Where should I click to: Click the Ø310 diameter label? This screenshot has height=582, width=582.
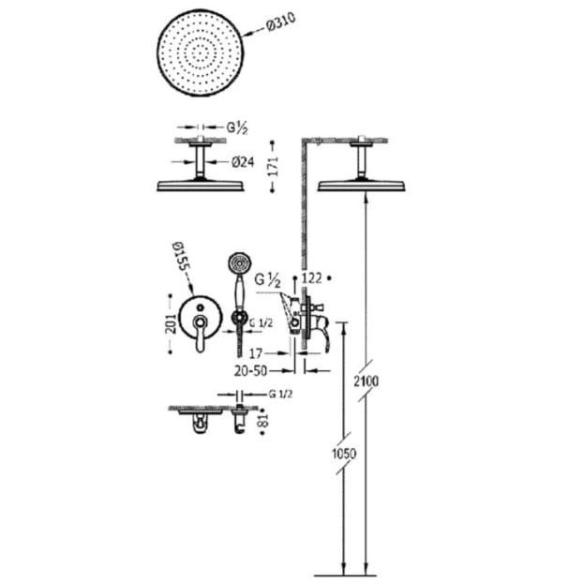click(x=281, y=22)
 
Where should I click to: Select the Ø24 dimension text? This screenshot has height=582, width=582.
click(x=243, y=162)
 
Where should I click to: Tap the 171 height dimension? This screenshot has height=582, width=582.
click(x=273, y=166)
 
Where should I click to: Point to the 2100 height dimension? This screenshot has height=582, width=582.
click(x=366, y=381)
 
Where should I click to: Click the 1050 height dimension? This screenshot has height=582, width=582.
click(x=344, y=454)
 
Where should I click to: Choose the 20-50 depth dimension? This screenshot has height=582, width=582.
click(x=250, y=371)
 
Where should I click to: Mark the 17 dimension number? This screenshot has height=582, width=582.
click(x=255, y=353)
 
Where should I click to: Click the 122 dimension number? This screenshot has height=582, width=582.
click(x=312, y=278)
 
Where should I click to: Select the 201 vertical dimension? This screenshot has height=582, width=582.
click(x=171, y=323)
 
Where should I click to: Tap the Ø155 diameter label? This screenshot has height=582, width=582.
click(x=181, y=257)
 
